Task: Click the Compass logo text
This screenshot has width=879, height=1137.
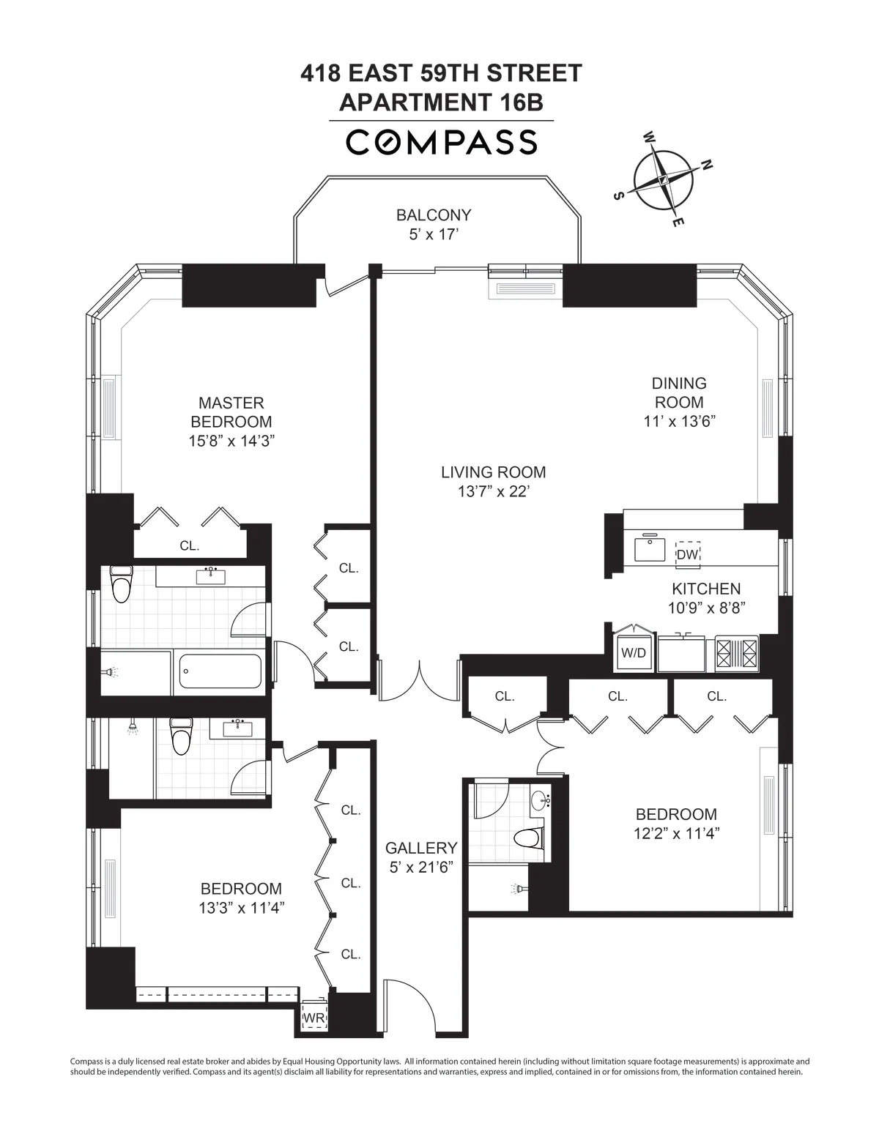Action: (441, 142)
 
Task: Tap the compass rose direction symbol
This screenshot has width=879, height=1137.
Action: (664, 180)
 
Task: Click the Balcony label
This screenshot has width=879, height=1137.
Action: (434, 215)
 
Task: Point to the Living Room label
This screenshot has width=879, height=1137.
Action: (493, 472)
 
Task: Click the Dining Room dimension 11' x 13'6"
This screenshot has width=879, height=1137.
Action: (679, 421)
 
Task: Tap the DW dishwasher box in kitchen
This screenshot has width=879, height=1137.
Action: (687, 554)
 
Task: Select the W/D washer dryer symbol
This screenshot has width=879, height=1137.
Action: (634, 652)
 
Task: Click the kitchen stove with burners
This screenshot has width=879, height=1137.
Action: (738, 653)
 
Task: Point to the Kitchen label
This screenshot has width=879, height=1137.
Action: (706, 589)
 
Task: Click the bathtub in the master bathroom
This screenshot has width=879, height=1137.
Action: (220, 671)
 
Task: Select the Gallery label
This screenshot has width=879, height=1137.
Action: (421, 848)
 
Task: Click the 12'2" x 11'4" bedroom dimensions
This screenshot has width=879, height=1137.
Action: (676, 833)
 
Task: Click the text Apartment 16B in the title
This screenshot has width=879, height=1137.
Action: (441, 102)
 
